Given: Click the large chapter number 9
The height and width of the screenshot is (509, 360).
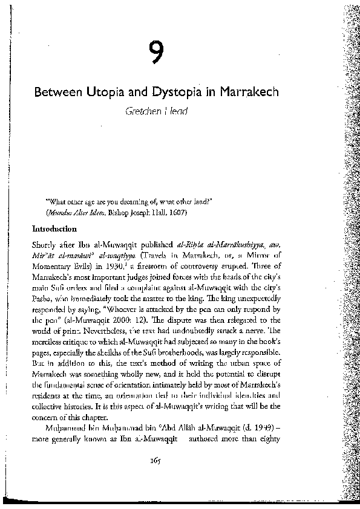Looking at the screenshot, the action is tap(157, 54).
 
